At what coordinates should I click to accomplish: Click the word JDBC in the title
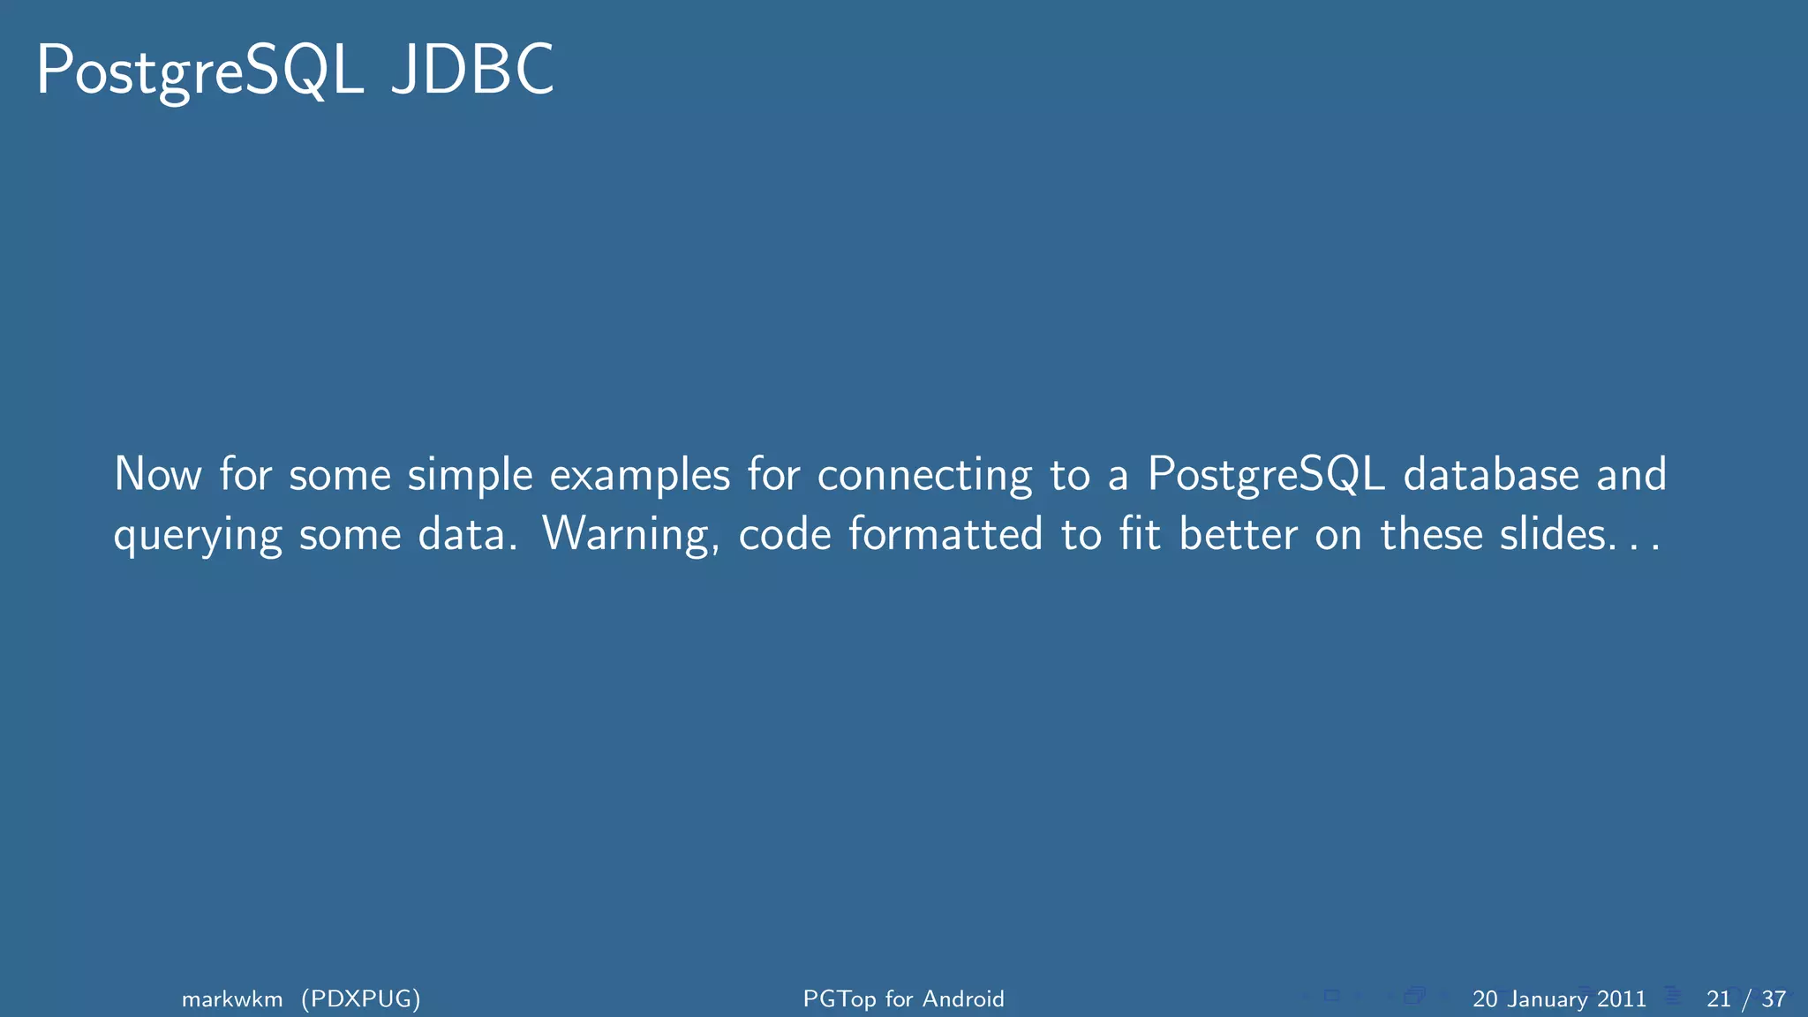pyautogui.click(x=472, y=71)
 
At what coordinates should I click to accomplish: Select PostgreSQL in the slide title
pyautogui.click(x=200, y=71)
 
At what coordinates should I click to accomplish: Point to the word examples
pyautogui.click(x=640, y=476)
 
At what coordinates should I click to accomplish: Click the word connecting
pyautogui.click(x=924, y=476)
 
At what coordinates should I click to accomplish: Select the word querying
pyautogui.click(x=198, y=536)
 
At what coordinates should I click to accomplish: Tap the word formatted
pyautogui.click(x=945, y=534)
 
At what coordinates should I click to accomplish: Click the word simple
pyautogui.click(x=470, y=476)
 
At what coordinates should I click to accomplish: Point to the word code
pyautogui.click(x=785, y=534)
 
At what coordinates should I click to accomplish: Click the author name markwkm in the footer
pyautogui.click(x=232, y=998)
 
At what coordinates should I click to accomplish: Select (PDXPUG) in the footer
pyautogui.click(x=360, y=998)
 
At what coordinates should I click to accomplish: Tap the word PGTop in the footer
pyautogui.click(x=840, y=998)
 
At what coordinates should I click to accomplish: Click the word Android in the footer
pyautogui.click(x=963, y=998)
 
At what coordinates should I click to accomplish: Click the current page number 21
pyautogui.click(x=1718, y=998)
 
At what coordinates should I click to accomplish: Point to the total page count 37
pyautogui.click(x=1774, y=998)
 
